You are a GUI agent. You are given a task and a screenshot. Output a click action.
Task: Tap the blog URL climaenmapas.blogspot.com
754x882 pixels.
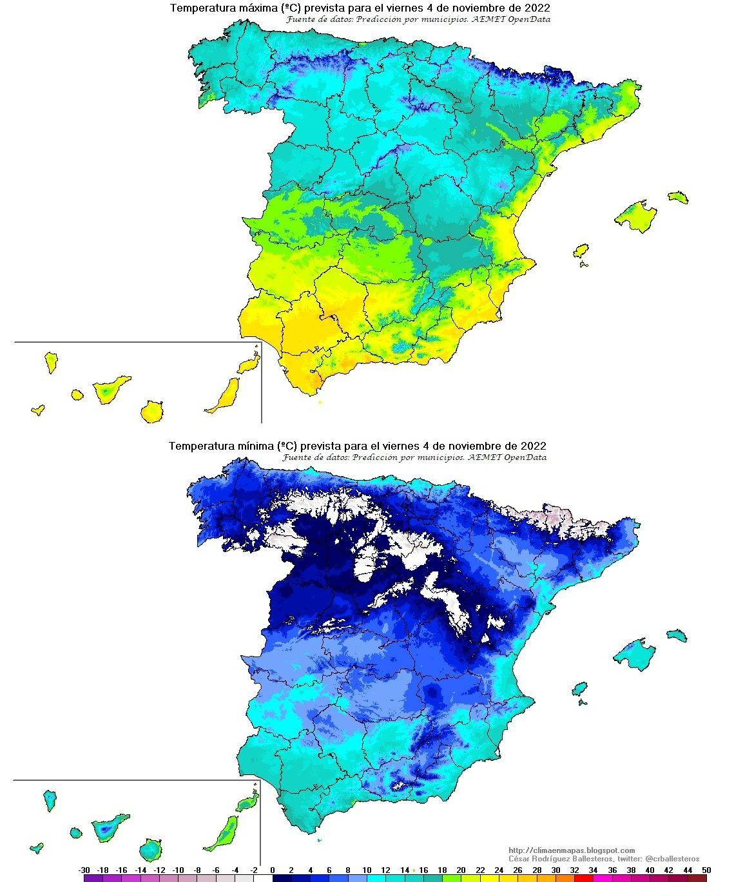(571, 850)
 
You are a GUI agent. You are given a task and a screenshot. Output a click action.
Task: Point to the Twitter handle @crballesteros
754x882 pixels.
(672, 859)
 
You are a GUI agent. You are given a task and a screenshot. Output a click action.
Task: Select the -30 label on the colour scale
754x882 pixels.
(84, 870)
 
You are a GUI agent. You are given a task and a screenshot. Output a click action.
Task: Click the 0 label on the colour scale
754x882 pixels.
(273, 870)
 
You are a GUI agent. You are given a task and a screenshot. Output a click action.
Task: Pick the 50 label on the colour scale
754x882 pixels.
(706, 870)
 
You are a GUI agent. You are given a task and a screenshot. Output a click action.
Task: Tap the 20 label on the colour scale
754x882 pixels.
(461, 870)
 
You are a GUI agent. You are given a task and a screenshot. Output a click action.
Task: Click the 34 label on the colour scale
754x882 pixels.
(593, 870)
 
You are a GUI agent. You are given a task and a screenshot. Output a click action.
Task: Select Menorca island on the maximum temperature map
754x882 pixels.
(679, 197)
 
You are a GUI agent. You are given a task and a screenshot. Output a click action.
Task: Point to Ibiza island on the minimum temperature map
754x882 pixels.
(579, 690)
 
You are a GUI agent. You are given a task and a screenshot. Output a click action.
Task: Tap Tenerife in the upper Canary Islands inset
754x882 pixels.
(110, 388)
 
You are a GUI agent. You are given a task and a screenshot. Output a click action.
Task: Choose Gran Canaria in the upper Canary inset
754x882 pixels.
(152, 411)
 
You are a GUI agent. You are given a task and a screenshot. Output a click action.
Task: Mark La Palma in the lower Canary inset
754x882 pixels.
(50, 801)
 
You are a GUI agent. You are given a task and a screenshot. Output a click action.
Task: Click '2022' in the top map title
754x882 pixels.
(536, 8)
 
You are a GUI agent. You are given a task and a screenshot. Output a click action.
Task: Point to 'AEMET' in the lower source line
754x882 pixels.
(485, 457)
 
